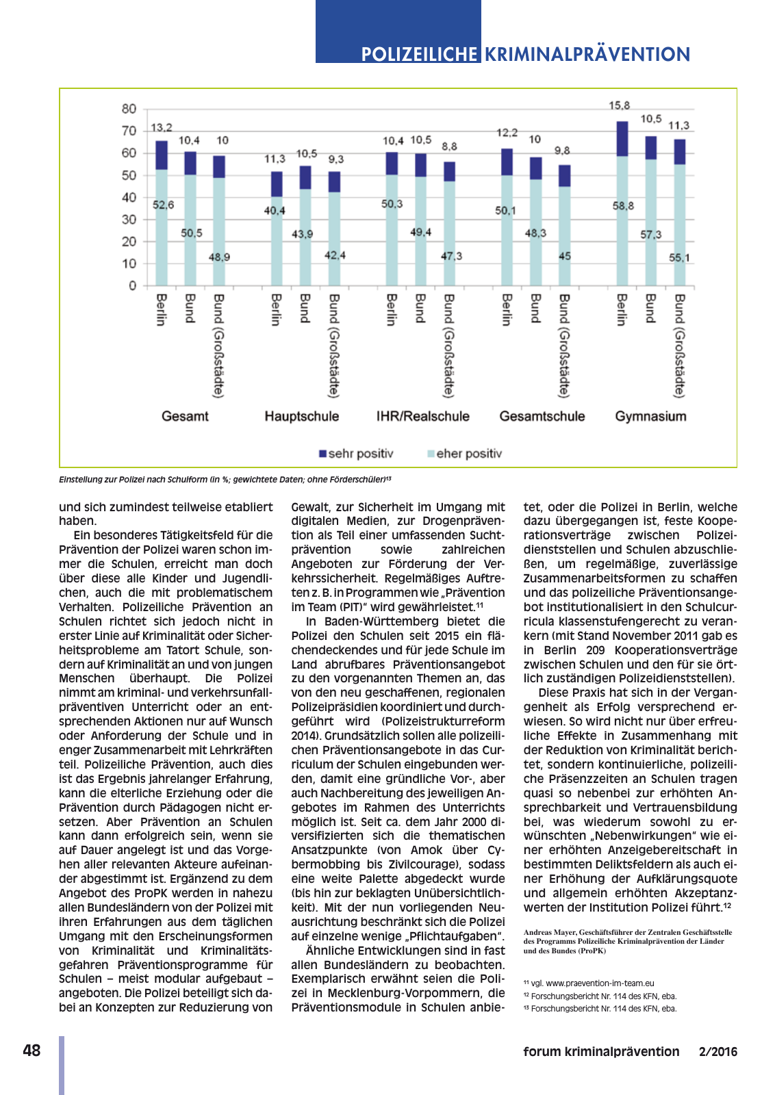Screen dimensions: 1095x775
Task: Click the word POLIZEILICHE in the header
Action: pos(419,54)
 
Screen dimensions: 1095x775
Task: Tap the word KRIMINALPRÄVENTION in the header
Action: pos(587,54)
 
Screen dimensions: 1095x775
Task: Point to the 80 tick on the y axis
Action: pos(129,109)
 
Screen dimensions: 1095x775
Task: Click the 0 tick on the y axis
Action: pos(133,285)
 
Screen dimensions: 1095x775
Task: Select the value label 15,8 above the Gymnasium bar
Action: pos(620,105)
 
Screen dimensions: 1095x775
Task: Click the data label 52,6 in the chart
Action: pos(163,205)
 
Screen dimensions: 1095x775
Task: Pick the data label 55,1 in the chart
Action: pos(680,258)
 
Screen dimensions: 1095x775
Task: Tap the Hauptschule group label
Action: pos(302,416)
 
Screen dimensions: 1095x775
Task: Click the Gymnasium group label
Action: pos(650,416)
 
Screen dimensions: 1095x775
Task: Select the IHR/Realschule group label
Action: pos(423,416)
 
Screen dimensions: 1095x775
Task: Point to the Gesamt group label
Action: pos(185,416)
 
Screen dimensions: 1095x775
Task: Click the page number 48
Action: pos(31,1051)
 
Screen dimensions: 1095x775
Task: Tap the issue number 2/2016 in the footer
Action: pos(718,1052)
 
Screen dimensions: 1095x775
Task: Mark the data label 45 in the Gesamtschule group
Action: pos(565,256)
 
